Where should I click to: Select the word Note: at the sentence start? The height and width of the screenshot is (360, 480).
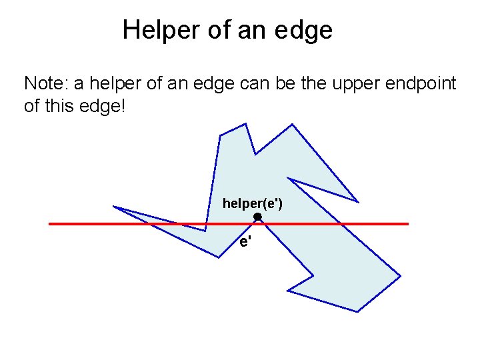(46, 83)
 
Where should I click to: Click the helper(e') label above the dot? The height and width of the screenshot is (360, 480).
(252, 203)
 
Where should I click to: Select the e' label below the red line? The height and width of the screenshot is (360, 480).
(245, 242)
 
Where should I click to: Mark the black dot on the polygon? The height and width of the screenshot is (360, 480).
(257, 217)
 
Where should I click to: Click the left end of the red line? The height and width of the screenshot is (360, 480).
(51, 224)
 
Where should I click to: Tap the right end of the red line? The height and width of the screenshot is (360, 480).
(407, 224)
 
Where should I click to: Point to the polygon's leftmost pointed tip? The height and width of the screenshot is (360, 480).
(113, 207)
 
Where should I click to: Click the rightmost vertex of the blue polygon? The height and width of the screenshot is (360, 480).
(401, 275)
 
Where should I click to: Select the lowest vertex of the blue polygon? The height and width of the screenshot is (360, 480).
(358, 311)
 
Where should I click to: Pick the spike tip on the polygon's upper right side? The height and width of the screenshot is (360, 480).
(358, 202)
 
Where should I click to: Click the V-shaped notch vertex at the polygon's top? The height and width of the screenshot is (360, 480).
(254, 154)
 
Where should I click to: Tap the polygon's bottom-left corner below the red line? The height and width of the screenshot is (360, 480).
(219, 257)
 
